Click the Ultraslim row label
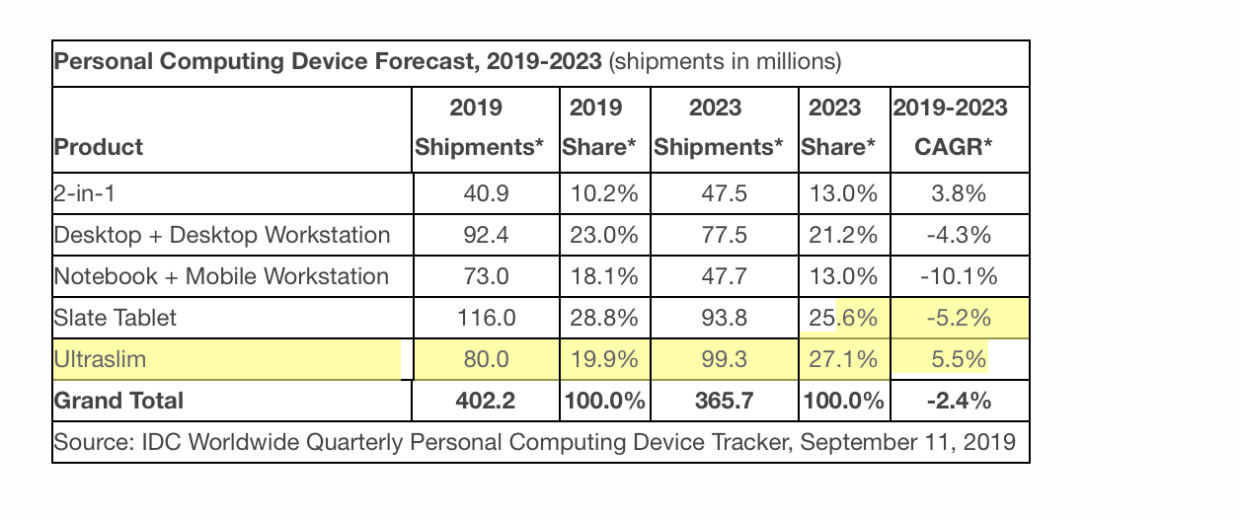tap(100, 359)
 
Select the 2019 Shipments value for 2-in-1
tap(486, 193)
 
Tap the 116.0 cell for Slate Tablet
tap(486, 318)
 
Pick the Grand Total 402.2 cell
tap(486, 401)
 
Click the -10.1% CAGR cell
tap(959, 276)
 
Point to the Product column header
tap(99, 147)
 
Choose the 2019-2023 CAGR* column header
tap(950, 127)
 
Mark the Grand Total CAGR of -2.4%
tap(959, 401)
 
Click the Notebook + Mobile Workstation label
tap(221, 276)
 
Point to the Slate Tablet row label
tap(115, 318)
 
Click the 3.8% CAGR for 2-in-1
tap(959, 193)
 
